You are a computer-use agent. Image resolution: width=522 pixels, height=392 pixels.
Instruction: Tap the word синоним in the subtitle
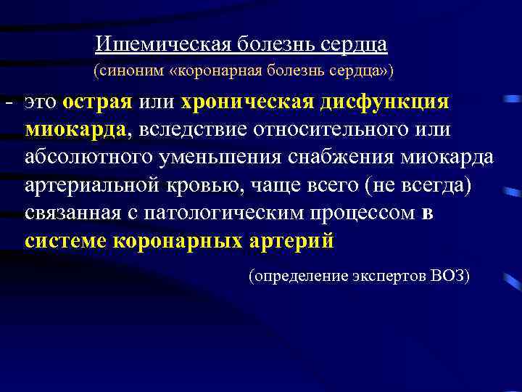click(124, 72)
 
